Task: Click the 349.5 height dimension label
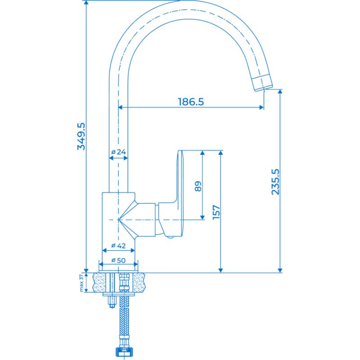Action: (81, 136)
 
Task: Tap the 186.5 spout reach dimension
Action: (191, 102)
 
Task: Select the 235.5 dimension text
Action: (275, 182)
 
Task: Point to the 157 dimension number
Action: (216, 212)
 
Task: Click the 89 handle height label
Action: (198, 186)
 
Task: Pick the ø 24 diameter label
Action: (118, 152)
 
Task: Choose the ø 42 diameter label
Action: (118, 246)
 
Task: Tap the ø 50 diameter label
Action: (118, 260)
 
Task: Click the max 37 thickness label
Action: (81, 283)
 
